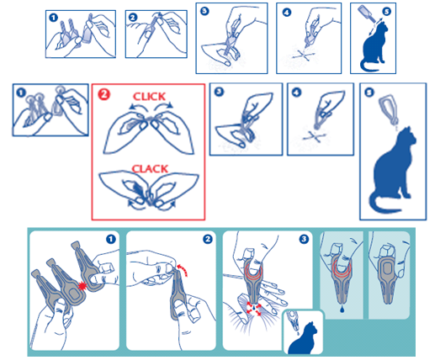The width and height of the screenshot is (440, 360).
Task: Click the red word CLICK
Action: coord(149,97)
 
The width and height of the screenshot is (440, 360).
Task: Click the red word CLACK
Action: coord(150,169)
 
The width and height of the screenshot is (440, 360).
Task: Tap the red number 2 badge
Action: coord(103,94)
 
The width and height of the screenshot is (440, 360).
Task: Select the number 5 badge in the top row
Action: coord(386,12)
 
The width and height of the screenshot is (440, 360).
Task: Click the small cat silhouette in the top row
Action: coord(374,48)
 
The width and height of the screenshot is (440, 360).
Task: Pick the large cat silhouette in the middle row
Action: coord(393,171)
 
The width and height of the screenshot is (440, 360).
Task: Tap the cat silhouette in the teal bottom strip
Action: coord(303,340)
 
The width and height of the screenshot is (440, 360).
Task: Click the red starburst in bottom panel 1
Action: coord(82,286)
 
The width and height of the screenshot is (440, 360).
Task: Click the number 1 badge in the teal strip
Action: coord(111,239)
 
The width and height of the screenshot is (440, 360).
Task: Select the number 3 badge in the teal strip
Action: coord(304,239)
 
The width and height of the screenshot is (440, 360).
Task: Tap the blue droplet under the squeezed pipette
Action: coord(342,310)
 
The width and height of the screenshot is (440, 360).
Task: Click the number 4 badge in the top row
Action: coord(287,13)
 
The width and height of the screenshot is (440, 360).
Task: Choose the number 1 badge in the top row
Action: coord(53,18)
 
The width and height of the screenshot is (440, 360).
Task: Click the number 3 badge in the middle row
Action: coord(219,92)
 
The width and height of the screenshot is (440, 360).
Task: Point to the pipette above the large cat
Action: coord(389,110)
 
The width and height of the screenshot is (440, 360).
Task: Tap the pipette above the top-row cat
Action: coord(367,13)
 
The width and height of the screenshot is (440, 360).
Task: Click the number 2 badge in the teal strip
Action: coord(207,239)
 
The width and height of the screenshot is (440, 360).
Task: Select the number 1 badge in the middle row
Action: coord(21,93)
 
